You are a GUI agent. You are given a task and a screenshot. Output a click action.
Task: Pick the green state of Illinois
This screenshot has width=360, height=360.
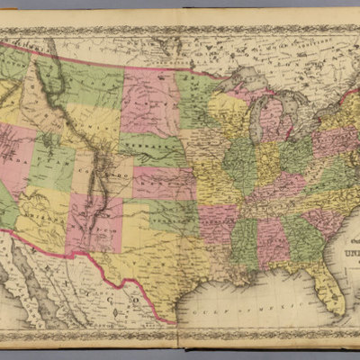[239, 166]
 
